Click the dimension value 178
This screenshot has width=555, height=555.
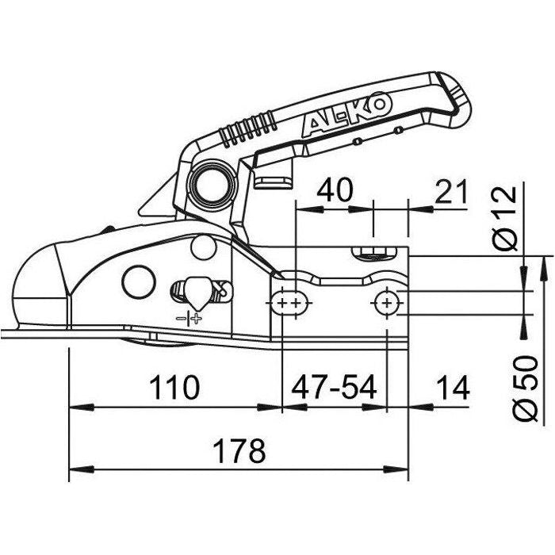tap(239, 451)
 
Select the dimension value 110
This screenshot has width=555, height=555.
tap(174, 388)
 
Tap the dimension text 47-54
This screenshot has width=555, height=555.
tap(334, 388)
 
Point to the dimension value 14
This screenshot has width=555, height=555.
tap(452, 388)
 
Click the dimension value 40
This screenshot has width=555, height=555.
tap(335, 190)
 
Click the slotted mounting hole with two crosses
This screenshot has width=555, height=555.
tap(290, 303)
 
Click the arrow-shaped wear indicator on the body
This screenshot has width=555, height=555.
tap(195, 291)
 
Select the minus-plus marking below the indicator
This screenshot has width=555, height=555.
tap(190, 319)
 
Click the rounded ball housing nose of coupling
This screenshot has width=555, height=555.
tap(36, 285)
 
